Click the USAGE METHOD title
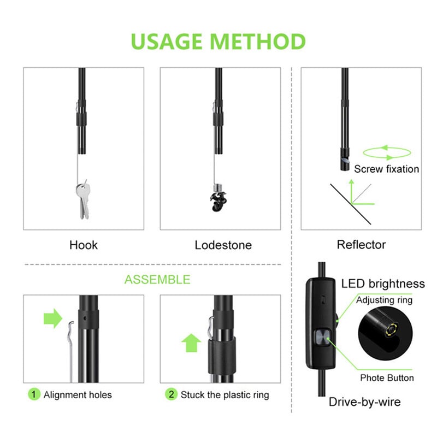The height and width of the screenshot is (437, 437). (x=218, y=42)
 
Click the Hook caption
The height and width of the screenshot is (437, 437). (x=84, y=245)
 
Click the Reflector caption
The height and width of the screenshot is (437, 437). (x=361, y=245)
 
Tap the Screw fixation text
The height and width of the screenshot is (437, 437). (x=386, y=169)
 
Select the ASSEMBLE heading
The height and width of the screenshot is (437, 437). (x=157, y=280)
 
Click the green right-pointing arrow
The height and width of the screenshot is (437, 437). (x=53, y=317)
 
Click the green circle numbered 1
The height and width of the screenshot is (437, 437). (x=34, y=394)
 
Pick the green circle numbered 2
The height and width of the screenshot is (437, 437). (x=172, y=394)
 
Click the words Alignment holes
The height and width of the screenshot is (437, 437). (x=78, y=394)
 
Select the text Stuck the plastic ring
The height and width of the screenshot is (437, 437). (x=225, y=394)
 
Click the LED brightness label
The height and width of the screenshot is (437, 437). (x=383, y=284)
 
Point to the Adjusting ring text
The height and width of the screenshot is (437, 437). (x=385, y=300)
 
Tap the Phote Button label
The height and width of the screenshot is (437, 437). (x=387, y=377)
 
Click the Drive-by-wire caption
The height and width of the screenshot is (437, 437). (x=364, y=402)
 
